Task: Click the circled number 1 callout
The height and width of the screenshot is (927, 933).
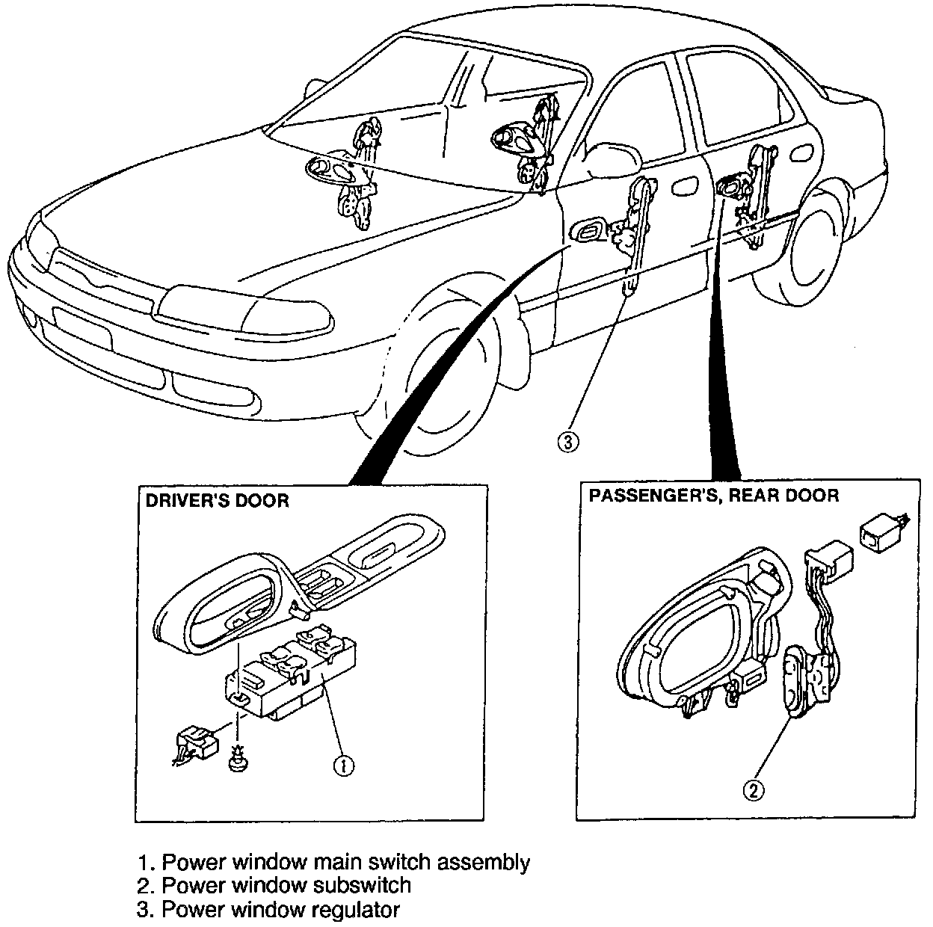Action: coord(343,766)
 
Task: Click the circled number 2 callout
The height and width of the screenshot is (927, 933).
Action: coord(753,789)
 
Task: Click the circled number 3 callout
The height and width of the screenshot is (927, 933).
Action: coord(567,442)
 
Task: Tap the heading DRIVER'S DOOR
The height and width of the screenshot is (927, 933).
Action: coord(217,500)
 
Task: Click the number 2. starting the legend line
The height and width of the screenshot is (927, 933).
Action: coord(147,886)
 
